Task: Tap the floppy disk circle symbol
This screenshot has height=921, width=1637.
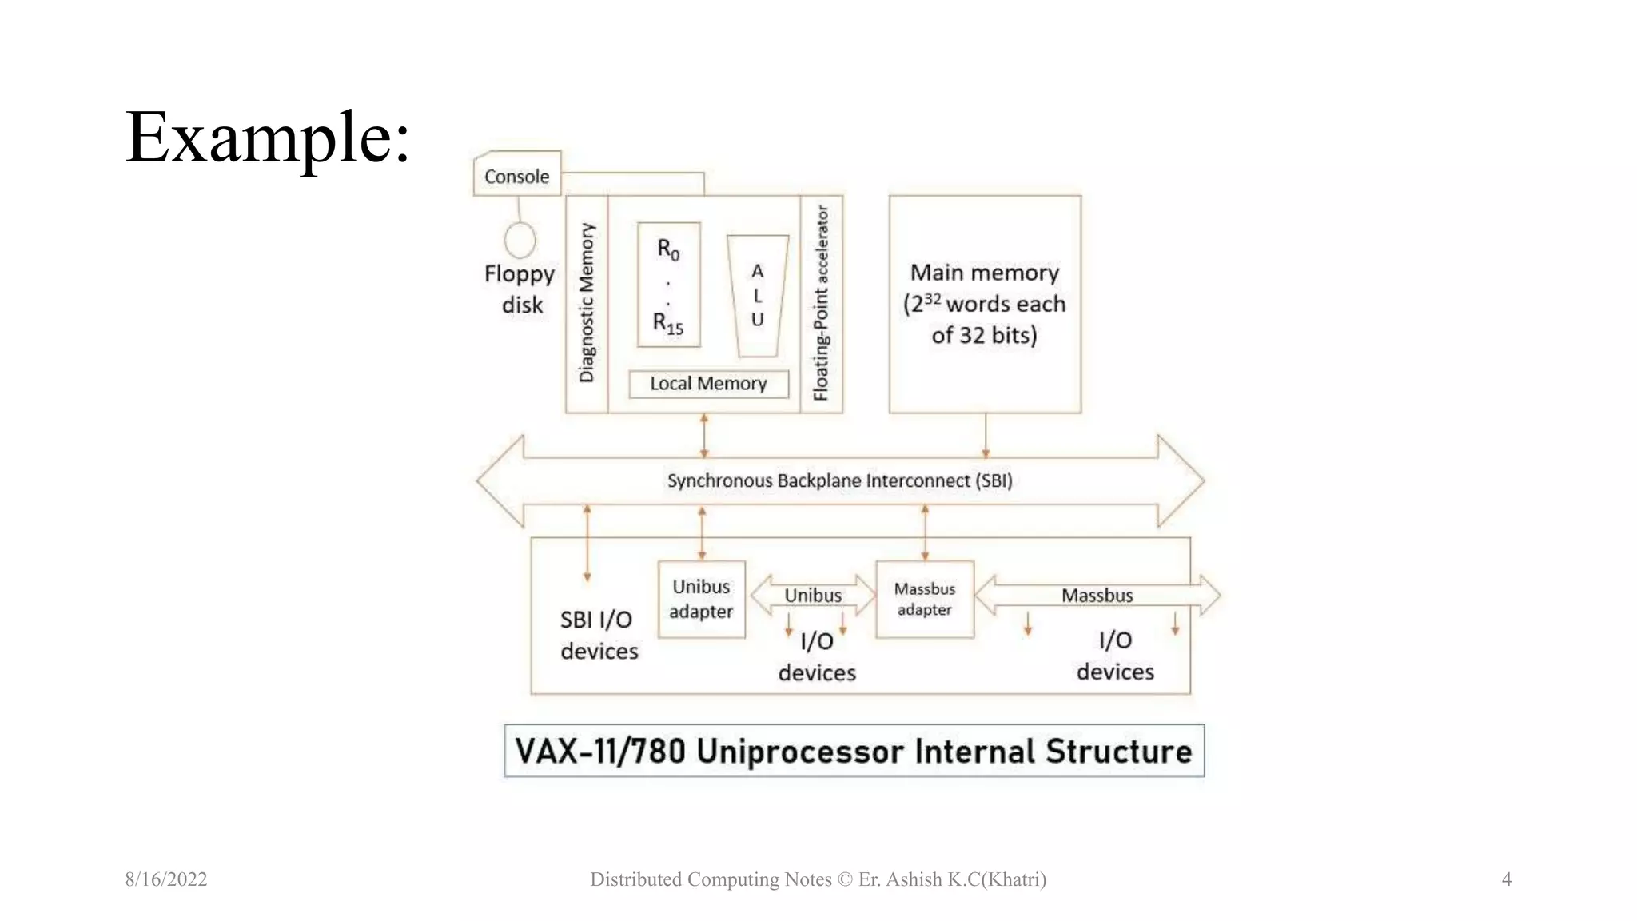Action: pyautogui.click(x=520, y=240)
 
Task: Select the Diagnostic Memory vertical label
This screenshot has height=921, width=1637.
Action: pyautogui.click(x=587, y=303)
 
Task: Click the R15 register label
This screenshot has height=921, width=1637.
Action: pyautogui.click(x=668, y=323)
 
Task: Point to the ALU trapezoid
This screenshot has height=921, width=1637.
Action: pyautogui.click(x=757, y=295)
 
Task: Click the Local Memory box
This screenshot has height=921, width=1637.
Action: pyautogui.click(x=708, y=384)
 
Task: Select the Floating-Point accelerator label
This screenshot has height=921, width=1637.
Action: pyautogui.click(x=821, y=303)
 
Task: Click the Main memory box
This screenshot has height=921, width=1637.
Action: pyautogui.click(x=985, y=304)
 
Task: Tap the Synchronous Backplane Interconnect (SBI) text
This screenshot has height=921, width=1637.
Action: pyautogui.click(x=839, y=480)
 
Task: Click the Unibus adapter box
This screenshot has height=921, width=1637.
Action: pyautogui.click(x=701, y=599)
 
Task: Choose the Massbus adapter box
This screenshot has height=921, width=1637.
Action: pyautogui.click(x=925, y=599)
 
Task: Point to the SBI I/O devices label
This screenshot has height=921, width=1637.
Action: pyautogui.click(x=599, y=635)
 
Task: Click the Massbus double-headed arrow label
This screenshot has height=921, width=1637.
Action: pyautogui.click(x=1097, y=596)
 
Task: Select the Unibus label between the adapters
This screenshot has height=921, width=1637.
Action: pyautogui.click(x=812, y=596)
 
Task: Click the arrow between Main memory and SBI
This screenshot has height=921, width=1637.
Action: pyautogui.click(x=986, y=436)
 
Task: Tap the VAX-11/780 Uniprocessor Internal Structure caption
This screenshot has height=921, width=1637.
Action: pyautogui.click(x=854, y=751)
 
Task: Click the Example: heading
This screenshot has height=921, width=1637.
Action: pyautogui.click(x=268, y=138)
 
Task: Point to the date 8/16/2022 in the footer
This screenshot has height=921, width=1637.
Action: pyautogui.click(x=166, y=879)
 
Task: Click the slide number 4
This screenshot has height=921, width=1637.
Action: pyautogui.click(x=1506, y=879)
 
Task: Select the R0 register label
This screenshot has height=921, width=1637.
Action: pyautogui.click(x=668, y=249)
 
